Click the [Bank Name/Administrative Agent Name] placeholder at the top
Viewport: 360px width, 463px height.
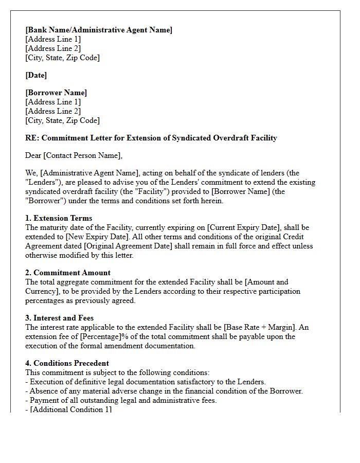point(99,30)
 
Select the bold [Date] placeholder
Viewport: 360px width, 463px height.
point(36,75)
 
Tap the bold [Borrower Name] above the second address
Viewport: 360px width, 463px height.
point(56,93)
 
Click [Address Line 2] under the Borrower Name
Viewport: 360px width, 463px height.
point(53,111)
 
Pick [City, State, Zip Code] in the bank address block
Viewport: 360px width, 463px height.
point(62,58)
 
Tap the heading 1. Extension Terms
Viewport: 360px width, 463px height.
point(59,218)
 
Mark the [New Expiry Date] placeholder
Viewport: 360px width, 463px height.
point(94,237)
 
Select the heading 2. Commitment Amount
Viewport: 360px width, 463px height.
point(68,273)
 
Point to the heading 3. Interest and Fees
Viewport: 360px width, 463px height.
point(59,318)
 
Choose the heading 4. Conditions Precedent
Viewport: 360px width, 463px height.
point(67,363)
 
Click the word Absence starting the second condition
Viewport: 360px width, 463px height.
point(44,391)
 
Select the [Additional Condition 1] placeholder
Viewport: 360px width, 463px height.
point(70,409)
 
